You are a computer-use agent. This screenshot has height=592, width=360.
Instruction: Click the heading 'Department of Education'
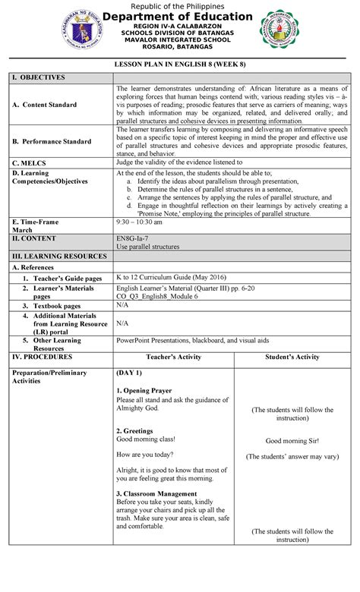coord(179,17)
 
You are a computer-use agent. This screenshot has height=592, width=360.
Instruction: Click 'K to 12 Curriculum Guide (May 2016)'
coord(171,278)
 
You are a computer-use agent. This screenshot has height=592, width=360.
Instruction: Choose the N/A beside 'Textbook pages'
coord(122,304)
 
